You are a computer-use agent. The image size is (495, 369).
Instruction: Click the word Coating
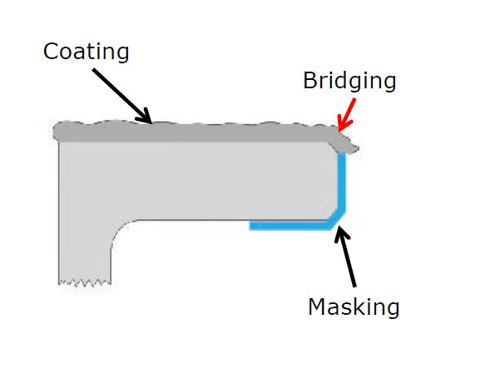point(86,52)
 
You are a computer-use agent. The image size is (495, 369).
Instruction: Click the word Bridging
point(349,82)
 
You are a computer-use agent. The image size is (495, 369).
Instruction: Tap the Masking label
point(354,307)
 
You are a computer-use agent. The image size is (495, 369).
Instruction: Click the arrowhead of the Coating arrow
point(145,117)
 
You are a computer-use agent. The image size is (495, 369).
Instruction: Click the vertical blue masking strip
point(342,181)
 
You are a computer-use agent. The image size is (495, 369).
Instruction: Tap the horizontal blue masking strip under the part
point(289,226)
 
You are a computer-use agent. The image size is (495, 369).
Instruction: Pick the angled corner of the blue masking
point(337,218)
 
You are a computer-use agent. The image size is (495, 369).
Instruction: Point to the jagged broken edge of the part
point(85,282)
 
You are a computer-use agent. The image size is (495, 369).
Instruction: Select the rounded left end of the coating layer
point(57,132)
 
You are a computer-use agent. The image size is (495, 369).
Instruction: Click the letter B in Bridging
point(310,81)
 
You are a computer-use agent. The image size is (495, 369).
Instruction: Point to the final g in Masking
point(392,310)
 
